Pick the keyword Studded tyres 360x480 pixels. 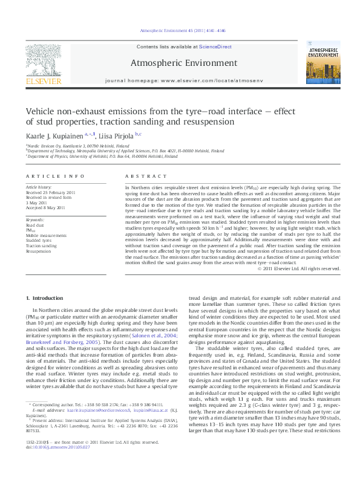39,240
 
